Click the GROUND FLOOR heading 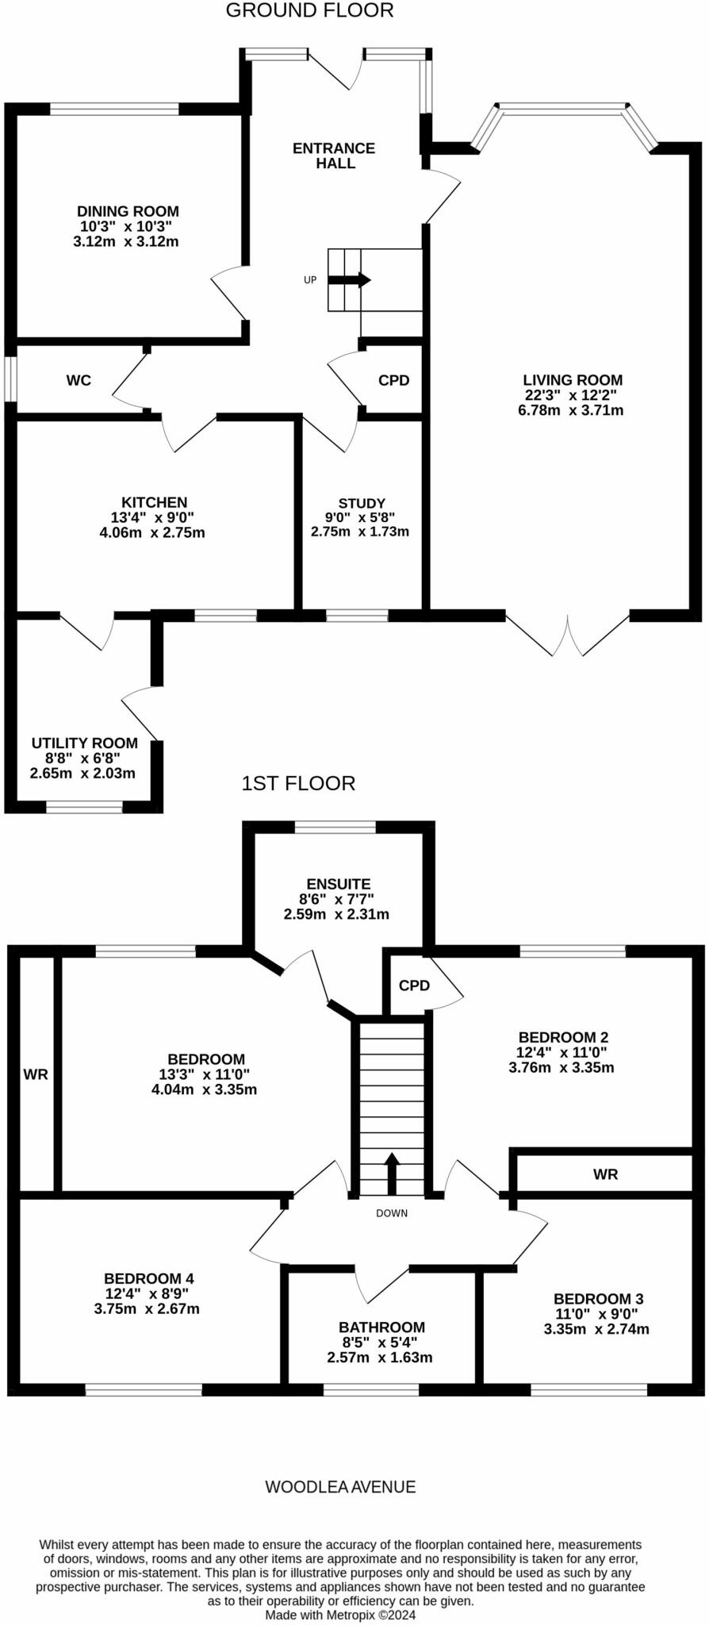(309, 11)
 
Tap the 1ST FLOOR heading (298, 784)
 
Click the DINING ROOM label (128, 212)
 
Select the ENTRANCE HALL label (334, 156)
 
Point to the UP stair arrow (350, 280)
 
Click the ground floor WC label (79, 381)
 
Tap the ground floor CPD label (393, 381)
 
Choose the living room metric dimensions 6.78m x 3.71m (572, 410)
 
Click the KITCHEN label (154, 502)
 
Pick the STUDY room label (362, 503)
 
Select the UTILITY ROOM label (85, 743)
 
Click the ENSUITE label (339, 884)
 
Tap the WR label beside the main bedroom (36, 1074)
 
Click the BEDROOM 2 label (563, 1037)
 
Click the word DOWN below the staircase (392, 1213)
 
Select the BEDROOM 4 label (149, 1278)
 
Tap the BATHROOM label (381, 1327)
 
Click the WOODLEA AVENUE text (340, 1487)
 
